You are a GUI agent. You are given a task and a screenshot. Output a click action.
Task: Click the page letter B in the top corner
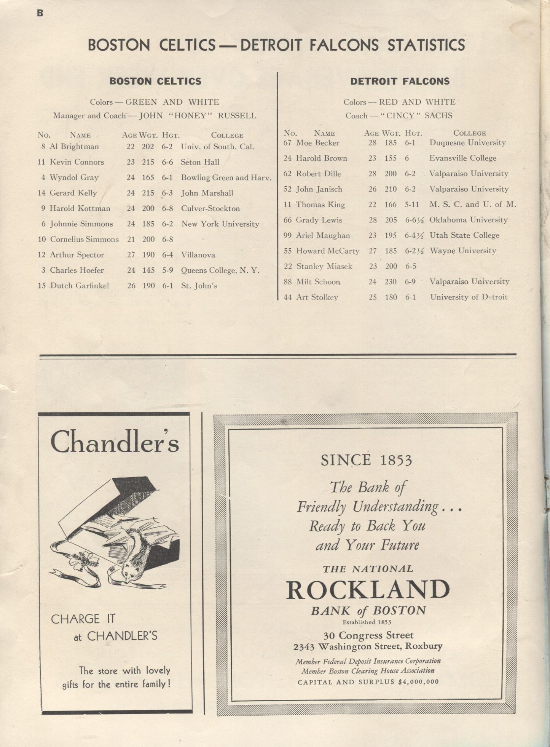(40, 13)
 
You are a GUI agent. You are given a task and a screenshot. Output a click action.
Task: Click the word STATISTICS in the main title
(426, 45)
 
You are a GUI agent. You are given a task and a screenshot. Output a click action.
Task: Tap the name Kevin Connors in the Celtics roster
(77, 162)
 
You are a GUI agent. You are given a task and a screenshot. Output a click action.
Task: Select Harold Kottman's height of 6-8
(167, 208)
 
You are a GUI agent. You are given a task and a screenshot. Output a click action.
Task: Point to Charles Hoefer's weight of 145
(148, 270)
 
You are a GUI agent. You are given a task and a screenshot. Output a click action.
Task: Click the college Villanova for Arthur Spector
(198, 255)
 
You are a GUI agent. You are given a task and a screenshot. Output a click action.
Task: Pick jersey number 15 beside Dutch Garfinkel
(42, 286)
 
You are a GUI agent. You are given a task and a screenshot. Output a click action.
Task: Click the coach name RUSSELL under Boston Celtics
(237, 116)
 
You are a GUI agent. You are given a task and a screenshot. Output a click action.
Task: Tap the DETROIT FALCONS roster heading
(400, 81)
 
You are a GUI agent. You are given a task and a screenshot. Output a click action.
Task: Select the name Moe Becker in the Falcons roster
(317, 143)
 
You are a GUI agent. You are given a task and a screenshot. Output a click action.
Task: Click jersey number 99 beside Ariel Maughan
(287, 235)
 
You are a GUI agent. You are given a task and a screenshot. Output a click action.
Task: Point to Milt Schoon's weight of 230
(391, 282)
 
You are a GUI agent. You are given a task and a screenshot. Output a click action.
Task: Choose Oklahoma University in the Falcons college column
(469, 220)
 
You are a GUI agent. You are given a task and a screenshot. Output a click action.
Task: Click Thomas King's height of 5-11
(412, 205)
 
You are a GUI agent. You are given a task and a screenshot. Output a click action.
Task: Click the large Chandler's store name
(114, 442)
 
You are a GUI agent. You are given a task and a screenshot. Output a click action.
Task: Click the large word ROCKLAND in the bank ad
(368, 590)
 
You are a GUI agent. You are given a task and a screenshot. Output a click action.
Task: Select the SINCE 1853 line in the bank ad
(366, 460)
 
